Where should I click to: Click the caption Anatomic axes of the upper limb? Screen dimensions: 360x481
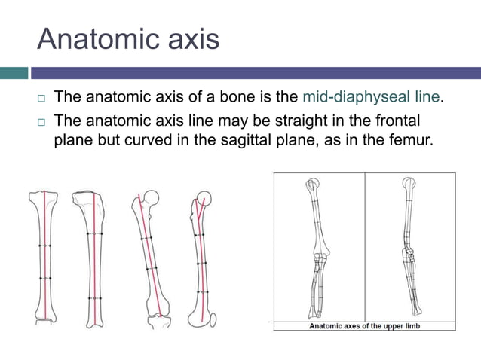[364, 325]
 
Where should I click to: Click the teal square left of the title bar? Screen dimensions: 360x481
[14, 73]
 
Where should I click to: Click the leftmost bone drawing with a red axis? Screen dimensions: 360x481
[44, 256]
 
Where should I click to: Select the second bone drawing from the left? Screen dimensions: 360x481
[93, 256]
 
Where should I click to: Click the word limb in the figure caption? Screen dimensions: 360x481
[412, 325]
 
